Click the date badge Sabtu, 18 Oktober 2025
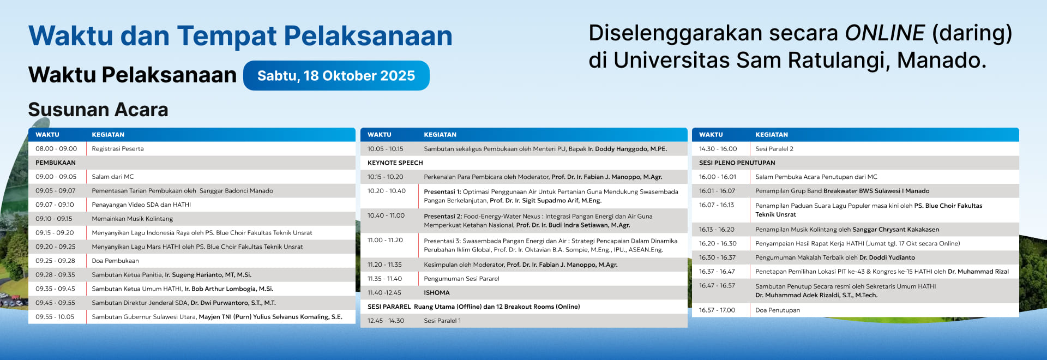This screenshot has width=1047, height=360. (336, 76)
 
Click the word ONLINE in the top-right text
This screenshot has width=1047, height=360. (884, 33)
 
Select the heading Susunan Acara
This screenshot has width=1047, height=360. (98, 110)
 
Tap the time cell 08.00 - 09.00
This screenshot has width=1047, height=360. (56, 149)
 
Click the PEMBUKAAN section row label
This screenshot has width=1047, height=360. (56, 163)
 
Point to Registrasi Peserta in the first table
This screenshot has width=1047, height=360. (118, 149)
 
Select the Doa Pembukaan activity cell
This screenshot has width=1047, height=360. (115, 261)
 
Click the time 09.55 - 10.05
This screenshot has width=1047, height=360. (55, 317)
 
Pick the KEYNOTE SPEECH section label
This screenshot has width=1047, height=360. (395, 163)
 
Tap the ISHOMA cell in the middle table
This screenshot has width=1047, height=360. (436, 293)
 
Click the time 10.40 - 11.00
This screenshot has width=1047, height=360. (386, 216)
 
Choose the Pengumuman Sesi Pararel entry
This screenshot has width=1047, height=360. (461, 279)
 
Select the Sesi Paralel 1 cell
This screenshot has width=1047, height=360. (442, 321)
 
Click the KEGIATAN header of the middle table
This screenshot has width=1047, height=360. (440, 135)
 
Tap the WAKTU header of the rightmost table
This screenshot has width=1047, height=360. (711, 135)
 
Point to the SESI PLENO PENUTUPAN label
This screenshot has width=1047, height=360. (737, 163)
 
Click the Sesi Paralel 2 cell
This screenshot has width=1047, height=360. (774, 149)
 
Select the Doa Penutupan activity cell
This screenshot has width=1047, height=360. (778, 310)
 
